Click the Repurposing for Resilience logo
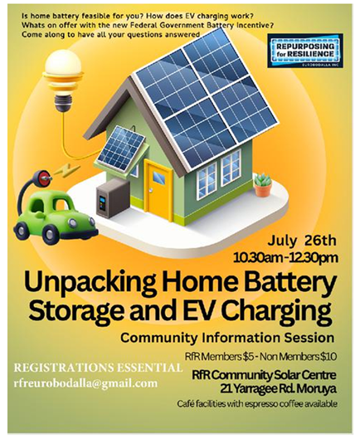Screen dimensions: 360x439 305,51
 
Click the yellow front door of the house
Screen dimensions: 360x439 158,190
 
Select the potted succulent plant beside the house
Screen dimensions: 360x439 263,185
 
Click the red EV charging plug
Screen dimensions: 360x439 44,178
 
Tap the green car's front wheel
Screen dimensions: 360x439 51,232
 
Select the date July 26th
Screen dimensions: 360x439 302,241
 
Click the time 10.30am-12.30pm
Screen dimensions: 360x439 285,258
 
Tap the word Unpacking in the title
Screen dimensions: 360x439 90,283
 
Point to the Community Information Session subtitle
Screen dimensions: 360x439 227,338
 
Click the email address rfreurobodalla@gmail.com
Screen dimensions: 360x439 85,383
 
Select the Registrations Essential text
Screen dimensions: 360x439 98,368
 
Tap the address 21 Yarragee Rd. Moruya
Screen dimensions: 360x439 278,388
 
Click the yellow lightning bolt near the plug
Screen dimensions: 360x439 66,170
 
